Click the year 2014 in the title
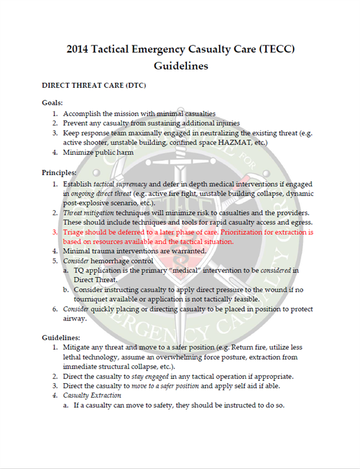point(81,50)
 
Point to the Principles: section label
point(59,172)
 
